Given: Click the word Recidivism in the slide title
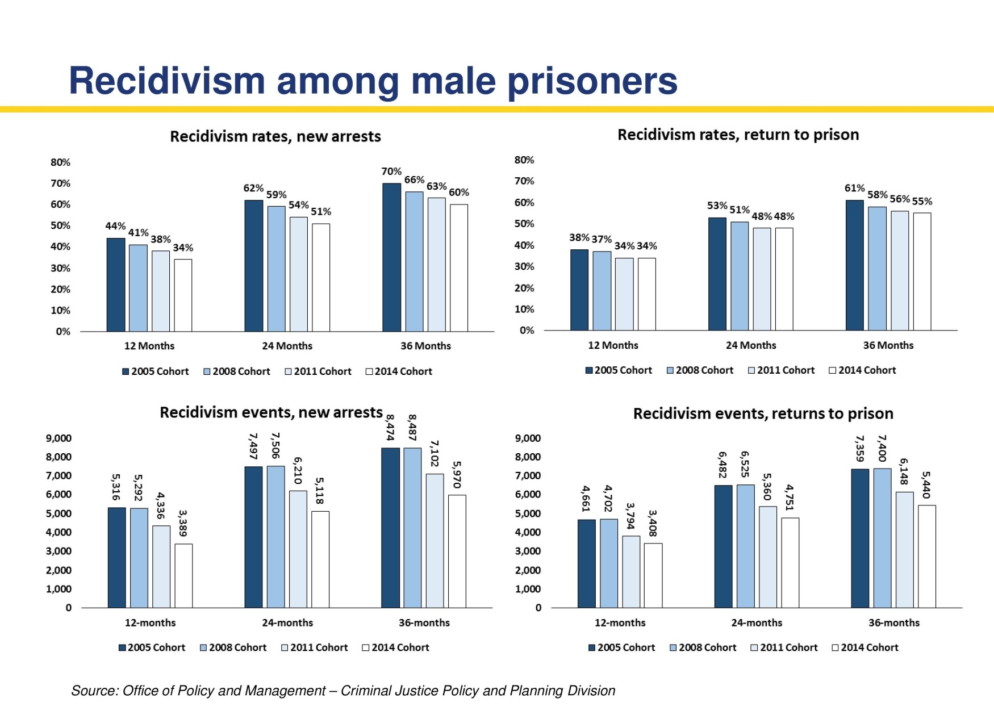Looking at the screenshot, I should point(166,81).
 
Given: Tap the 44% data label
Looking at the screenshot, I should point(115,226).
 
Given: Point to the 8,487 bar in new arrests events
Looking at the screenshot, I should point(412,528).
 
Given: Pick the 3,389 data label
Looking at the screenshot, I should point(183,523).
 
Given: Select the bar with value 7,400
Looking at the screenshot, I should point(882,538).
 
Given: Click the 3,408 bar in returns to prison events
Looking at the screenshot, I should point(653,575).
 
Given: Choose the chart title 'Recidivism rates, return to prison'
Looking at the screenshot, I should point(738,135).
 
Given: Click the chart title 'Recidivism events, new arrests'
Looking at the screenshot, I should point(271,412).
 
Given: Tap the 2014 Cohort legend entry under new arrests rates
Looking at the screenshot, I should point(399,371).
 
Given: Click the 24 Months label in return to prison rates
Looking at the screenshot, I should point(750,345).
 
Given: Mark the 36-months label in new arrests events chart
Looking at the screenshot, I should point(424,622).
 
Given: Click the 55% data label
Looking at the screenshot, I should point(922,201).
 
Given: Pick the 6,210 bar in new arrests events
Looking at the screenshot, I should point(298,549).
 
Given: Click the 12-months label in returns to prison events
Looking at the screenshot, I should point(620,622).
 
